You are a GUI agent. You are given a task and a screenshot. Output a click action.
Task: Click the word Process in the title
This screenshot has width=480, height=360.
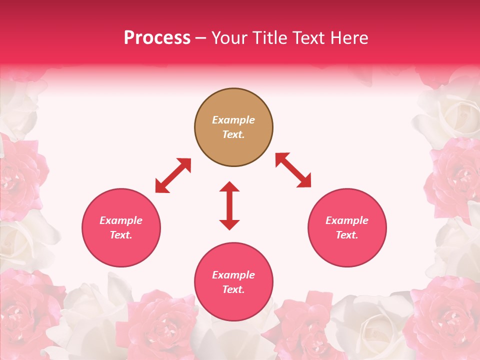[x=157, y=38]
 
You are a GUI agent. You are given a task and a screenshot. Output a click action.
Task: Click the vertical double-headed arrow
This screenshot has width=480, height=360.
[x=229, y=205]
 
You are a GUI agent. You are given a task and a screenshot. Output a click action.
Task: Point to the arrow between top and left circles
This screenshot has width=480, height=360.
[x=173, y=175]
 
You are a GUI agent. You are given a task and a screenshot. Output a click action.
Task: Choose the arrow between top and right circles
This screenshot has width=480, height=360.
[x=293, y=170]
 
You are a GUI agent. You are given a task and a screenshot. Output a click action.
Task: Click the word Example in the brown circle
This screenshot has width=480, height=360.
[x=233, y=120]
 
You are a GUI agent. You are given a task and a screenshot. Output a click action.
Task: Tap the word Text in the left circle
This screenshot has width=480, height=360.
[x=121, y=235]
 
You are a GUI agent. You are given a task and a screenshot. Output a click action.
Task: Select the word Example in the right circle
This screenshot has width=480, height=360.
[x=347, y=220]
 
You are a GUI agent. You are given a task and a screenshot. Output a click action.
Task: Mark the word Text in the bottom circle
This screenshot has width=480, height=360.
[x=233, y=289]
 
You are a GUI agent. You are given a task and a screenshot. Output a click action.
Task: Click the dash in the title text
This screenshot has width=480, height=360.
[x=201, y=38]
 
